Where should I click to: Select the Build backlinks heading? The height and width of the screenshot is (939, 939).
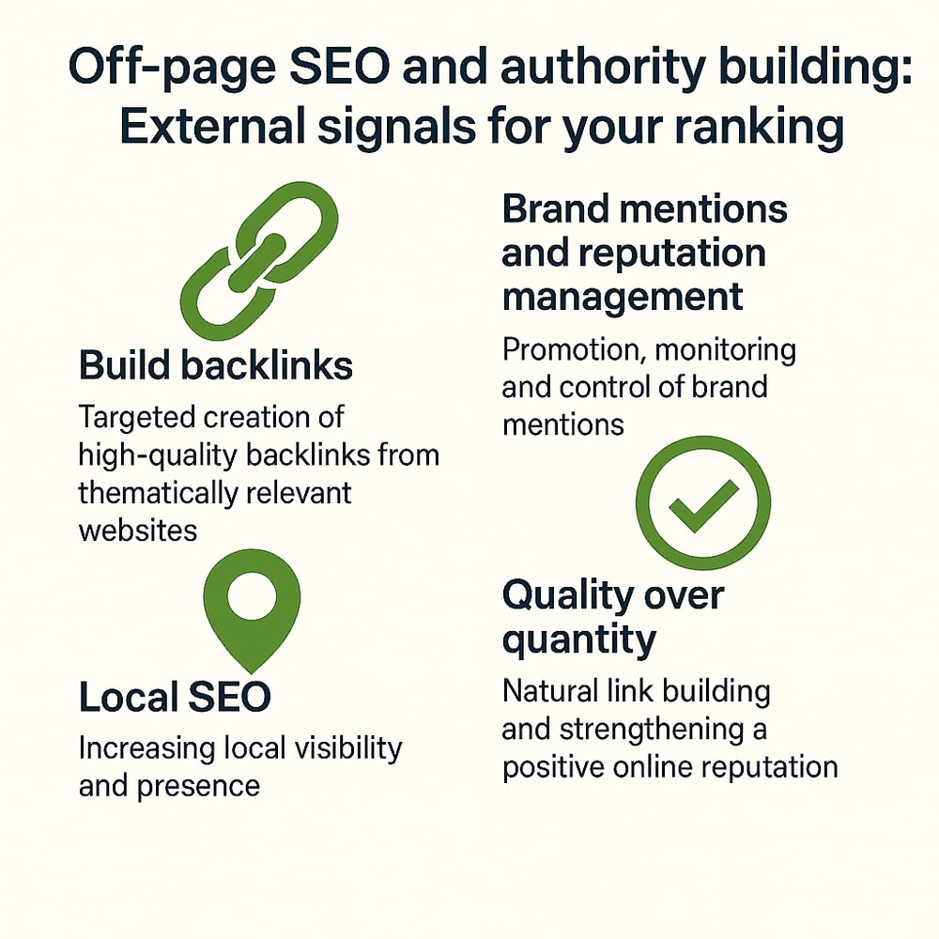pyautogui.click(x=216, y=364)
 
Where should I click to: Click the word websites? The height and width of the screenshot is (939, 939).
pyautogui.click(x=138, y=531)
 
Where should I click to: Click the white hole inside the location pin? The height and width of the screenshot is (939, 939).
pyautogui.click(x=252, y=595)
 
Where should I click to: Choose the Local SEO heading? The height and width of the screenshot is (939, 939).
pyautogui.click(x=175, y=697)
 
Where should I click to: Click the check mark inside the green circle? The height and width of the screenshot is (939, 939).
pyautogui.click(x=702, y=505)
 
